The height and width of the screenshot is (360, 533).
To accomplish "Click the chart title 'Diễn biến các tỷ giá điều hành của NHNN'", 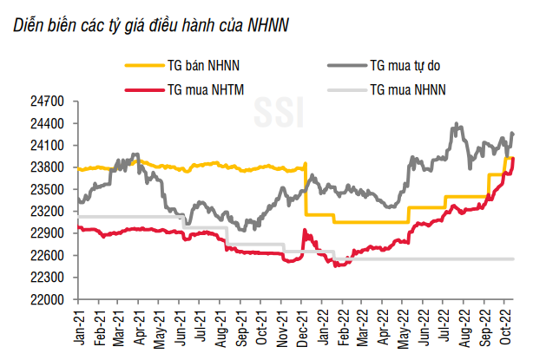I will click(151, 25).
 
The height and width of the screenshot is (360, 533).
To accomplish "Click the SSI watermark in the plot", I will click(275, 111).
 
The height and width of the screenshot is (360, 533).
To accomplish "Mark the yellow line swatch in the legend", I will click(142, 65).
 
